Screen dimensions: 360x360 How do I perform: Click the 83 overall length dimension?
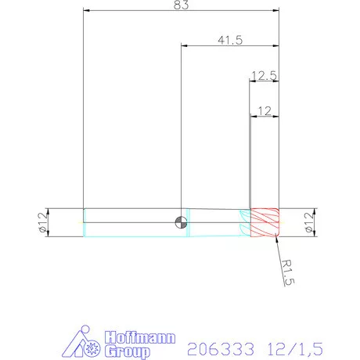click(182, 6)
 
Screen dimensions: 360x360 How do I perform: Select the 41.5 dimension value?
click(230, 39)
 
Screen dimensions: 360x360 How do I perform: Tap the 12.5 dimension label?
click(264, 76)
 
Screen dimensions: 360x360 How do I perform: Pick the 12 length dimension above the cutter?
click(264, 110)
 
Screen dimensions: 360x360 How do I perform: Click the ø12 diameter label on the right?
click(319, 223)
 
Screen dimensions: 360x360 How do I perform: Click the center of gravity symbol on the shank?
click(182, 222)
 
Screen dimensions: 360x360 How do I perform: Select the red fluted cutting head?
click(265, 222)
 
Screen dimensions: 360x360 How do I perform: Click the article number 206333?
click(214, 344)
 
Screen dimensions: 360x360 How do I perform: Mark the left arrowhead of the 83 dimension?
click(86, 12)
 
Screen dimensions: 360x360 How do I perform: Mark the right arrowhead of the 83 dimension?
click(277, 12)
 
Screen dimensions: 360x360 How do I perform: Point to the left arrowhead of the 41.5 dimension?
click(185, 46)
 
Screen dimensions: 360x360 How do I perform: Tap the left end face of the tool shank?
click(84, 222)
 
